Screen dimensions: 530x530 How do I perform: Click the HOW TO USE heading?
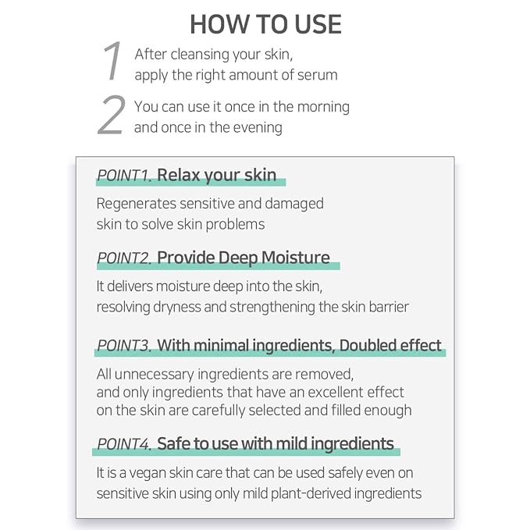(x=265, y=24)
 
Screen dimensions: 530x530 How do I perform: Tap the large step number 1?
(x=112, y=61)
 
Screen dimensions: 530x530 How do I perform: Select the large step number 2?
(x=111, y=116)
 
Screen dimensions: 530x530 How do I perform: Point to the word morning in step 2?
(x=323, y=108)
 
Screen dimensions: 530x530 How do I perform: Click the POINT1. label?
(x=124, y=176)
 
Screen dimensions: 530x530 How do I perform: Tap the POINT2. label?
(x=124, y=258)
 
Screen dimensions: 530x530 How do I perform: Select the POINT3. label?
(x=124, y=346)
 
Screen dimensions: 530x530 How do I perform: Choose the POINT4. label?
(x=124, y=444)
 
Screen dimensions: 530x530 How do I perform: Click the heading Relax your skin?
(x=217, y=176)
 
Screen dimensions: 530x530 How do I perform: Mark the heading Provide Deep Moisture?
(x=244, y=258)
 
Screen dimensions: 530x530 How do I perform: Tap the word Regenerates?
(x=137, y=205)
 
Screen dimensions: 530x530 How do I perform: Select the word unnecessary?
(x=154, y=375)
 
